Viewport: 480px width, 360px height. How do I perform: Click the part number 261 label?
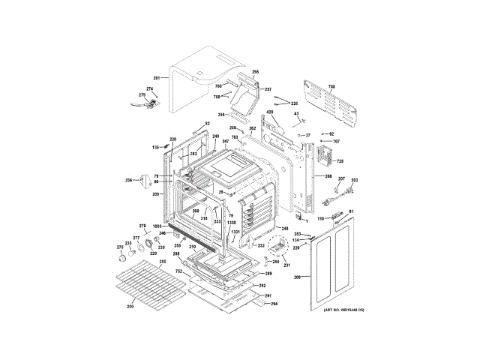[157, 78]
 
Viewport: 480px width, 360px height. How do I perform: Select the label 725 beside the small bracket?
[339, 161]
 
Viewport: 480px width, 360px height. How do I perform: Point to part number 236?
[128, 180]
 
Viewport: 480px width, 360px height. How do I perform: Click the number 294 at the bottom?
[274, 304]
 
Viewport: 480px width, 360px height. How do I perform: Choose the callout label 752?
[179, 270]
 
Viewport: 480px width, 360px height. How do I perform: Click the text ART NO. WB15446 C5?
[343, 310]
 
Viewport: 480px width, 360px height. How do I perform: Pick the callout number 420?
[269, 112]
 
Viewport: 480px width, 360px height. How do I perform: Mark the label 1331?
[235, 232]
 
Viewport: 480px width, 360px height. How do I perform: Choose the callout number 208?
[328, 177]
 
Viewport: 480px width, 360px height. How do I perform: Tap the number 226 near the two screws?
[294, 103]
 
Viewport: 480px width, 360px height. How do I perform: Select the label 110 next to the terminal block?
[319, 218]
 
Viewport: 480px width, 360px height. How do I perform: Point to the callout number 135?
[156, 147]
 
